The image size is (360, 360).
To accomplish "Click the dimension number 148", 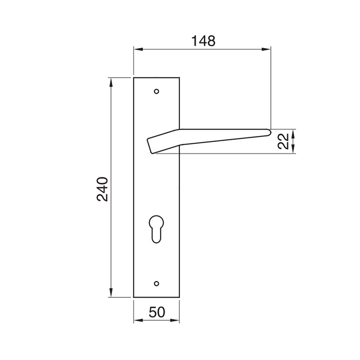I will coord(203,40).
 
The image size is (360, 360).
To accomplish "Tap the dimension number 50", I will coord(157,312).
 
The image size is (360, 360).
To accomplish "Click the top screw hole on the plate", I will coord(157,91).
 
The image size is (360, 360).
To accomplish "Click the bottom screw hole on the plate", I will coord(157,283).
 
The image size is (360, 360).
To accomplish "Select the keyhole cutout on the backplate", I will coord(157,229).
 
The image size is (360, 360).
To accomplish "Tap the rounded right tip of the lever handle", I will coord(269,132).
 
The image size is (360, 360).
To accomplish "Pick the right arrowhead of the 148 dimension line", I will coord(268,49).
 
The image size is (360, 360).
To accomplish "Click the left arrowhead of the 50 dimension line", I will coord(137,321).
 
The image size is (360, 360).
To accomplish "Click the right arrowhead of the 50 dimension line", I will coord(177,321).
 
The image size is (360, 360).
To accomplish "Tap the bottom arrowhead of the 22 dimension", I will coord(293,150).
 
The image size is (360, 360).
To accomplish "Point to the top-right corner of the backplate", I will coord(180,78).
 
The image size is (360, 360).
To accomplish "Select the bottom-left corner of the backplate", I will coord(134,297).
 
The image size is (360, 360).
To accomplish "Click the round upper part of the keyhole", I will coord(157,222).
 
